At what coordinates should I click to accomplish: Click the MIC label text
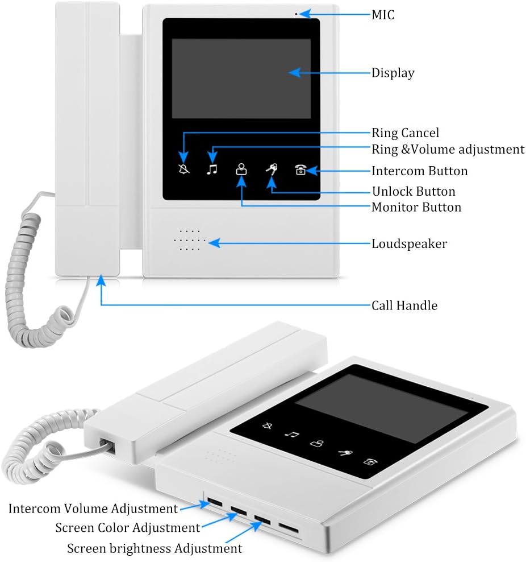click(x=383, y=15)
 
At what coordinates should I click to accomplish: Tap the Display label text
click(x=393, y=73)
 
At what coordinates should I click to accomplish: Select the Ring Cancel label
click(x=405, y=133)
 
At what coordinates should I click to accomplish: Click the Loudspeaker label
click(x=409, y=243)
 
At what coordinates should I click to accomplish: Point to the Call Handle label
click(x=404, y=305)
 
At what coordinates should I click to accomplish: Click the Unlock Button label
click(x=414, y=191)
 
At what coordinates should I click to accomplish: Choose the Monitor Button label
click(x=416, y=207)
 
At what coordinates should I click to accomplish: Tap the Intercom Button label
click(x=420, y=171)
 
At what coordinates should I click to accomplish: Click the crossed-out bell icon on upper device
click(x=183, y=169)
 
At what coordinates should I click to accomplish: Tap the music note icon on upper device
click(x=212, y=169)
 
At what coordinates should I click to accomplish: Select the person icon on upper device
click(x=242, y=169)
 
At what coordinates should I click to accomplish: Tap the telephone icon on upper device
click(x=300, y=169)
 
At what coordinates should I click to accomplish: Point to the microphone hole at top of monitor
click(x=296, y=13)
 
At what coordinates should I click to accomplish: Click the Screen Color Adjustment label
click(x=128, y=528)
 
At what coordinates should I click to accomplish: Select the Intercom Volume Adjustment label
click(x=93, y=508)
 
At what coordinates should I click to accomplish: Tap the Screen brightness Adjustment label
click(x=155, y=548)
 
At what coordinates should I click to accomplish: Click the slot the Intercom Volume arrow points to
click(x=215, y=502)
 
